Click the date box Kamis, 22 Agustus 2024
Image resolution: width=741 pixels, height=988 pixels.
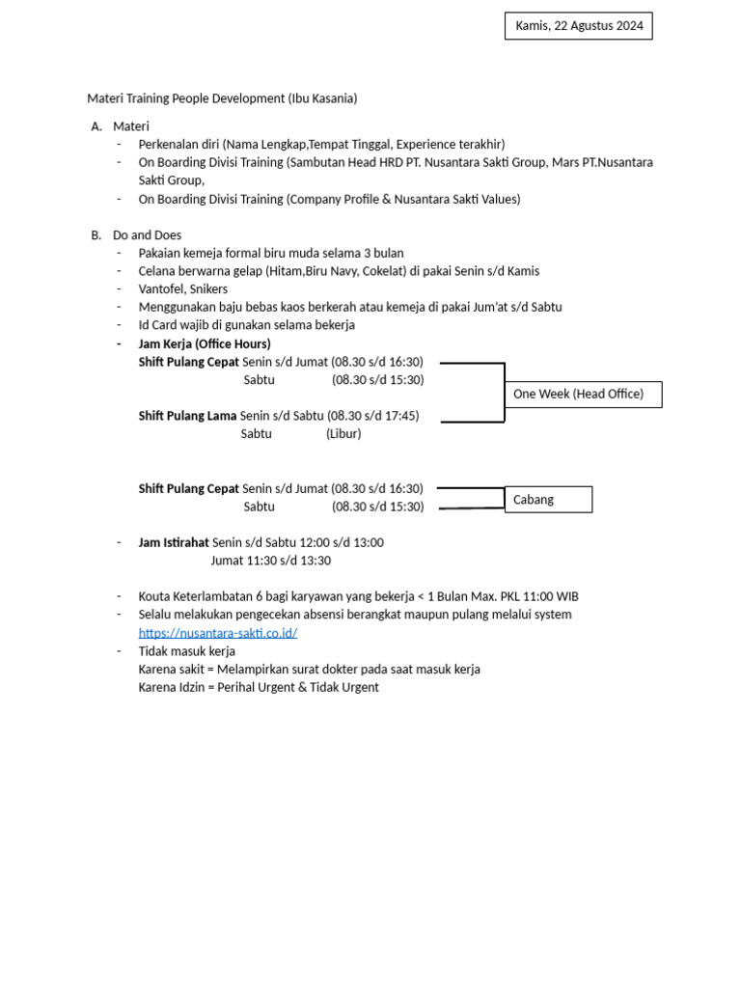pyautogui.click(x=578, y=26)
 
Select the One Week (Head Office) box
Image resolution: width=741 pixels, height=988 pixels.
pyautogui.click(x=583, y=394)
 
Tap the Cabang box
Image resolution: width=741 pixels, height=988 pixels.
pyautogui.click(x=547, y=500)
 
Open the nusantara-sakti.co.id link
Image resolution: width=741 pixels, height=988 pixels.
pyautogui.click(x=217, y=633)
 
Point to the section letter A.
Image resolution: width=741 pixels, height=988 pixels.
pyautogui.click(x=96, y=126)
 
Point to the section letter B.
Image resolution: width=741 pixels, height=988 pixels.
pyautogui.click(x=96, y=235)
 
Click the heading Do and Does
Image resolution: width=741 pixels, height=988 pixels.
pyautogui.click(x=147, y=235)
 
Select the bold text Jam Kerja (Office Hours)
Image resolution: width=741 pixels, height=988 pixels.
pyautogui.click(x=205, y=344)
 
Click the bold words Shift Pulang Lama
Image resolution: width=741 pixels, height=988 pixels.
pyautogui.click(x=187, y=416)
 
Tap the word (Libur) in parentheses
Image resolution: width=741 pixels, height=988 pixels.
pyautogui.click(x=343, y=434)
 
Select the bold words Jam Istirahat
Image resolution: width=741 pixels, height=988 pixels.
pyautogui.click(x=174, y=543)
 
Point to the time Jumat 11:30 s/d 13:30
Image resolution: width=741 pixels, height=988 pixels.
pyautogui.click(x=270, y=561)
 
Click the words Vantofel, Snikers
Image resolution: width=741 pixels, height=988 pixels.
pyautogui.click(x=184, y=289)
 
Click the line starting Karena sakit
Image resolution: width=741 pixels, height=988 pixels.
pyautogui.click(x=309, y=670)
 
